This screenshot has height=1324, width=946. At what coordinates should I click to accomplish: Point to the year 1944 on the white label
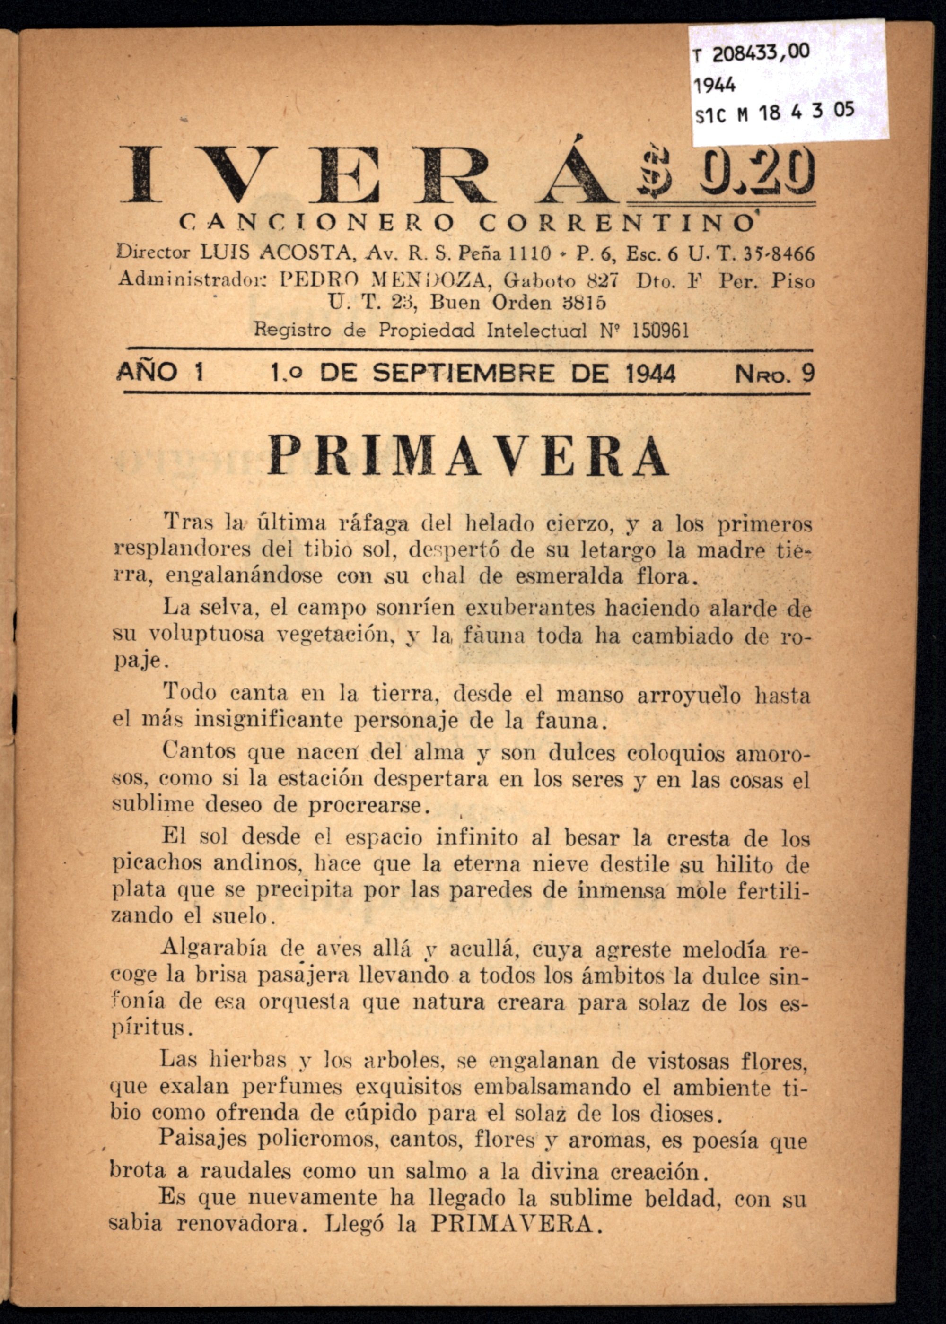pyautogui.click(x=715, y=86)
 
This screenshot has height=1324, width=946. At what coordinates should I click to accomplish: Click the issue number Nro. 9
pyautogui.click(x=774, y=373)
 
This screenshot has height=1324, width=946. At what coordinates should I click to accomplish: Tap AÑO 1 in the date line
pyautogui.click(x=160, y=372)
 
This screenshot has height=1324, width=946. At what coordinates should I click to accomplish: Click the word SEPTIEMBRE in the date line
pyautogui.click(x=463, y=373)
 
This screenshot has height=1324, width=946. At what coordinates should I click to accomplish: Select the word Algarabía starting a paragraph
pyautogui.click(x=214, y=949)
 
